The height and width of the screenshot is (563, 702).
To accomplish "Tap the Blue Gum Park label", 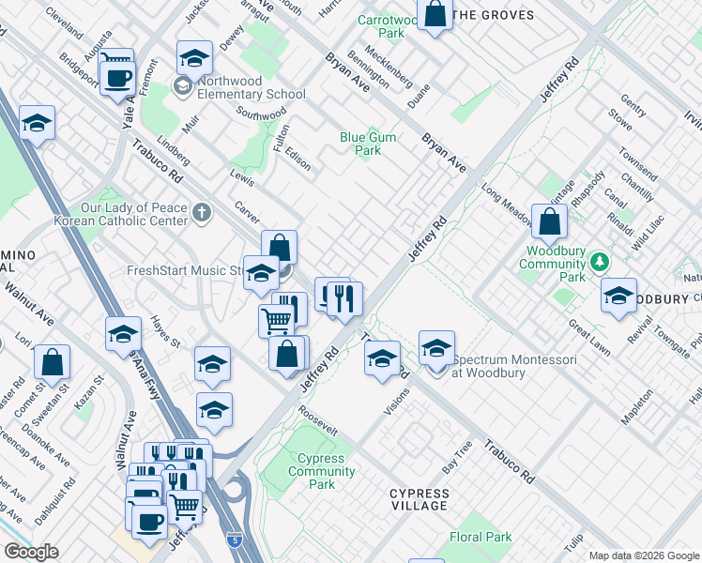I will [368, 144].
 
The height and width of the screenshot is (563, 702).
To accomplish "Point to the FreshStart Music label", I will [183, 271].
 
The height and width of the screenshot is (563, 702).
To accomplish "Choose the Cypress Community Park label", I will [322, 472].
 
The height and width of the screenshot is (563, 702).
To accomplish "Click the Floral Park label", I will [481, 538].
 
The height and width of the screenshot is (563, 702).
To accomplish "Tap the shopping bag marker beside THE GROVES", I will [435, 15].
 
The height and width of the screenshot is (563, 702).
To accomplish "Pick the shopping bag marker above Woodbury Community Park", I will [549, 221].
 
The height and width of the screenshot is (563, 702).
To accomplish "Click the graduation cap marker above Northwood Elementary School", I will [193, 59].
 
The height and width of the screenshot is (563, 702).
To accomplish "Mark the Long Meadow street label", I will [505, 201].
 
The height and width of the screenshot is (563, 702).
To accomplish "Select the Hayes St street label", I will [165, 331].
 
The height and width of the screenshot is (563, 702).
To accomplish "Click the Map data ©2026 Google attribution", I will [643, 555].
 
